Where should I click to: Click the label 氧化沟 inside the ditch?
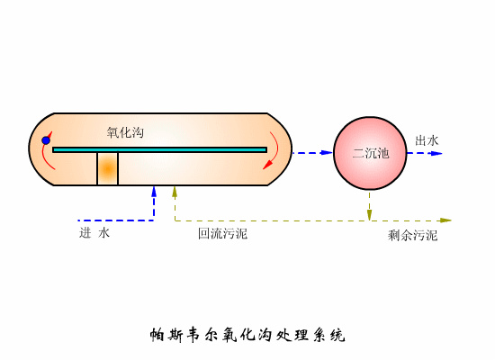tap(125, 132)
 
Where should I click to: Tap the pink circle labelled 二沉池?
tap(370, 153)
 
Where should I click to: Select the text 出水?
tap(427, 140)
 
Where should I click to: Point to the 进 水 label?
tap(94, 233)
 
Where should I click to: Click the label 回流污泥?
tap(222, 234)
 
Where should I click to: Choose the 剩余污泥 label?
tap(412, 235)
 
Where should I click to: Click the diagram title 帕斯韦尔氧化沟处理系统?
tap(247, 336)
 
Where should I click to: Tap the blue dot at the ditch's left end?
tap(46, 140)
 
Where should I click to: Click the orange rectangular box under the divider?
tap(108, 169)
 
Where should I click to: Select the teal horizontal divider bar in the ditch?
tap(160, 149)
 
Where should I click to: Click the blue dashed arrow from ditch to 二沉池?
tap(312, 153)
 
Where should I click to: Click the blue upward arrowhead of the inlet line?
tap(154, 191)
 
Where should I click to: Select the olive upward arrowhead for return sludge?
tap(175, 191)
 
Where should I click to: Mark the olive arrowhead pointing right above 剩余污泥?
tap(445, 220)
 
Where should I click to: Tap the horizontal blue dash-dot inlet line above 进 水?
tap(115, 220)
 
